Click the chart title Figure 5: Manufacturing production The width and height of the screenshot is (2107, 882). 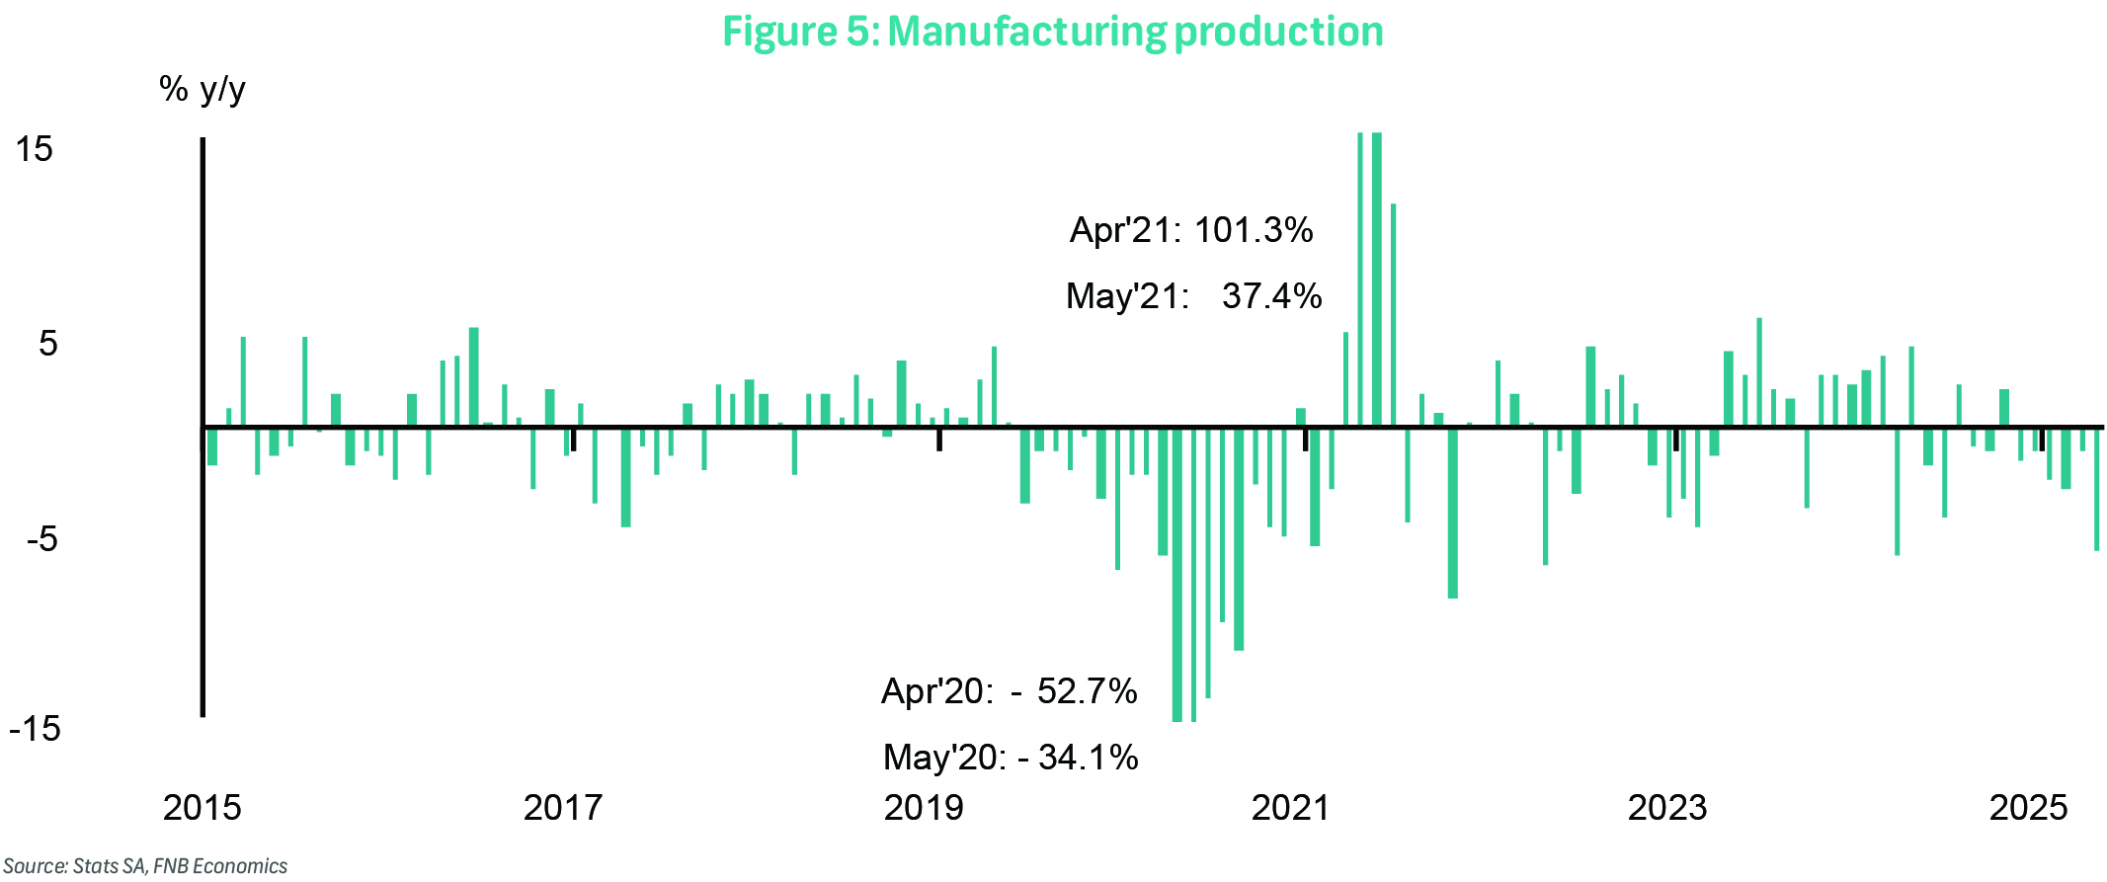1052,32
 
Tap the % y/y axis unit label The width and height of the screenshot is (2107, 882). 202,90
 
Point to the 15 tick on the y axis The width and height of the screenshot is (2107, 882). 35,149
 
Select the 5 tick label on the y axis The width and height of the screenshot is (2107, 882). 47,344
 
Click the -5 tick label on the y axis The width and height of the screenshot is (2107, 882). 41,539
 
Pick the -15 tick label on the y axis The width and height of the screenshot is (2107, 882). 36,729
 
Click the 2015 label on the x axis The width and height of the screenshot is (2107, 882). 202,808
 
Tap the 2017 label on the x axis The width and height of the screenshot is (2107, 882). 562,808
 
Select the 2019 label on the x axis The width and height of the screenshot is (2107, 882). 923,808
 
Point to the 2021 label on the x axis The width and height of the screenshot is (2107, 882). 1290,808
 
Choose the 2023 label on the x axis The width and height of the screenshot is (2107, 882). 1666,808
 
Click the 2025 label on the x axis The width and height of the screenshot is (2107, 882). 2027,808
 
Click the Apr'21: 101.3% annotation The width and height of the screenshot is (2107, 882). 1191,230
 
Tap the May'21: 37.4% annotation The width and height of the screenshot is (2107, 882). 1193,296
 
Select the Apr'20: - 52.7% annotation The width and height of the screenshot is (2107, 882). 1009,691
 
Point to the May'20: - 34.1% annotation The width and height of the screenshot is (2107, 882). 1011,758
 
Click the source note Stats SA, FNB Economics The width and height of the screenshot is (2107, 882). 145,866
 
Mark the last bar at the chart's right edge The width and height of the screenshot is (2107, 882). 2096,489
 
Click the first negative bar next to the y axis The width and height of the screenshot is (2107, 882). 211,446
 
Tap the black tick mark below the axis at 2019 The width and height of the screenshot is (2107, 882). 939,441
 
